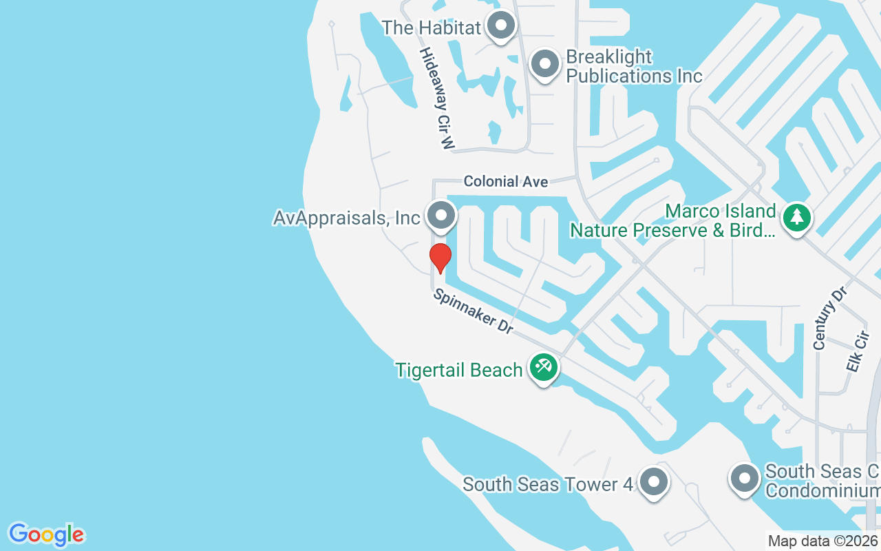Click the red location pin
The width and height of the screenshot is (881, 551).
pyautogui.click(x=440, y=257)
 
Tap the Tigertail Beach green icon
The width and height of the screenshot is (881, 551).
pyautogui.click(x=544, y=366)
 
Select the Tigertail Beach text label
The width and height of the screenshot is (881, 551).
pyautogui.click(x=459, y=370)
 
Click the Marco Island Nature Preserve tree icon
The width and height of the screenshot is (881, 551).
pyautogui.click(x=796, y=218)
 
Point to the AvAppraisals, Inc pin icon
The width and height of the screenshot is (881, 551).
pyautogui.click(x=440, y=216)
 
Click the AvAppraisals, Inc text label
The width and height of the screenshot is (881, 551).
pyautogui.click(x=346, y=218)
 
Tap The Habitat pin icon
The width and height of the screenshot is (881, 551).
pyautogui.click(x=501, y=26)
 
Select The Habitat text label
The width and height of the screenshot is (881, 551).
pyautogui.click(x=431, y=28)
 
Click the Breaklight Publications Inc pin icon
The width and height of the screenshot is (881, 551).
pyautogui.click(x=545, y=64)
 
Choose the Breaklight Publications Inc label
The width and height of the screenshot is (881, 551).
pyautogui.click(x=633, y=66)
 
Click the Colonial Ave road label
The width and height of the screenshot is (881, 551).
pyautogui.click(x=506, y=181)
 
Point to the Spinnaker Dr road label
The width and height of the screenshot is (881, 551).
pyautogui.click(x=473, y=312)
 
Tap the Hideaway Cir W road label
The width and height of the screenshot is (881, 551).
pyautogui.click(x=438, y=98)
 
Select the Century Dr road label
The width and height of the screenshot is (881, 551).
pyautogui.click(x=829, y=318)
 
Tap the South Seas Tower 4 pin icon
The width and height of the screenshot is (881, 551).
pyautogui.click(x=652, y=481)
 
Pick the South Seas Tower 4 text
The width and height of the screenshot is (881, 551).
pyautogui.click(x=547, y=484)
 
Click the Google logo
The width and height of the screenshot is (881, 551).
pyautogui.click(x=46, y=534)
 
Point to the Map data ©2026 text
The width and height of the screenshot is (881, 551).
pyautogui.click(x=823, y=541)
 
